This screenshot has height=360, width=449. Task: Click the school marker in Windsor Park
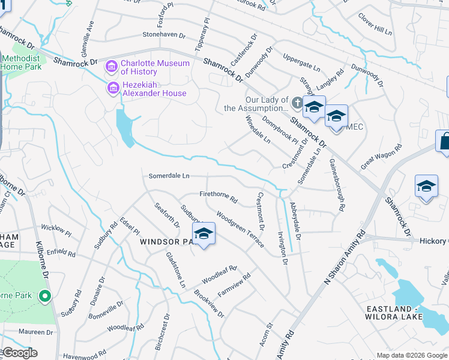click(203, 235)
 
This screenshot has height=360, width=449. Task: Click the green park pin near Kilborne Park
click(44, 296)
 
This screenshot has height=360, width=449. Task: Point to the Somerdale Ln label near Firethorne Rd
click(169, 176)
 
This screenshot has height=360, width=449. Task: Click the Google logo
click(19, 353)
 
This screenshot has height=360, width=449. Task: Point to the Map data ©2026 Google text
click(412, 355)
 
